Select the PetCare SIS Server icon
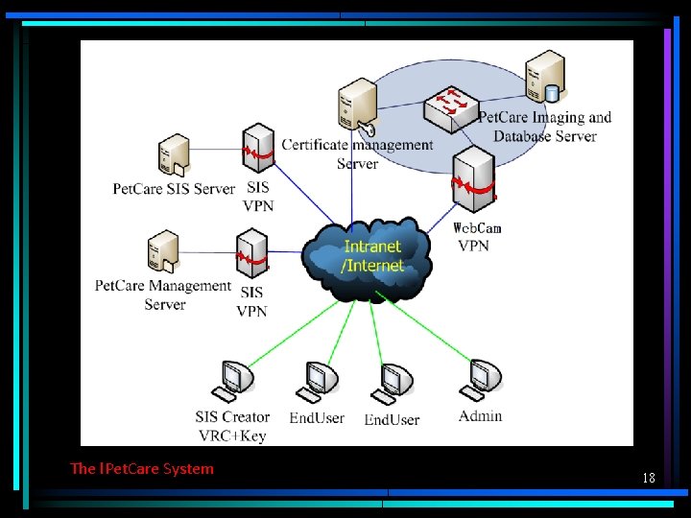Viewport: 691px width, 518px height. [x=175, y=155]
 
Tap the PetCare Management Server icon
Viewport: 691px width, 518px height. [x=163, y=251]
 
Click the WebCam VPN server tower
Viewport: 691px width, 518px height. [x=474, y=179]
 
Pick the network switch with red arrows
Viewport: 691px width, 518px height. [x=451, y=108]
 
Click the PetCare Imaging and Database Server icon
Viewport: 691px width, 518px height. [x=545, y=76]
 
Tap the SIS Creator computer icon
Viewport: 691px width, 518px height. [x=232, y=382]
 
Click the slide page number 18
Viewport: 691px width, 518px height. [x=649, y=478]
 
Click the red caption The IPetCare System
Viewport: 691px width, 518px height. [x=141, y=468]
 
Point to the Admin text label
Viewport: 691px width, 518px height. [x=481, y=416]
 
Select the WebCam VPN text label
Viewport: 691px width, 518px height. [x=476, y=237]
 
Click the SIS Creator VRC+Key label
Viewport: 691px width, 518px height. [x=232, y=426]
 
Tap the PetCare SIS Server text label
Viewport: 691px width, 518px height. [x=174, y=189]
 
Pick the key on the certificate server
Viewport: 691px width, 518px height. [x=366, y=129]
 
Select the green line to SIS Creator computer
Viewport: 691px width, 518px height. [x=294, y=334]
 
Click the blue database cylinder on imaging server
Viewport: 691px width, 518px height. [x=551, y=93]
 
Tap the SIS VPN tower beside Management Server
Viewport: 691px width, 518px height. [x=252, y=253]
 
